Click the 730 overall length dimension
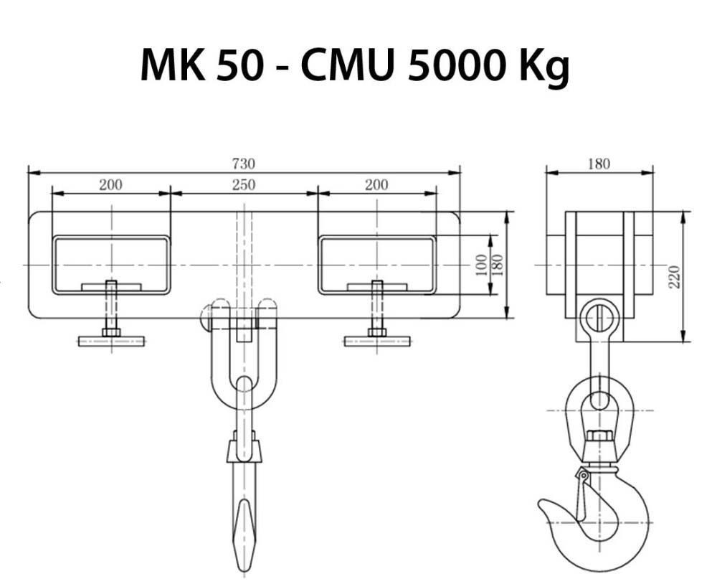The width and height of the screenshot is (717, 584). pos(243,164)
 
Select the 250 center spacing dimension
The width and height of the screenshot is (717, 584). pos(243,185)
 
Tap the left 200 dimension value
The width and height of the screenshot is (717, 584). pos(110,185)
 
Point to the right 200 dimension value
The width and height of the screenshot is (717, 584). pos(376,185)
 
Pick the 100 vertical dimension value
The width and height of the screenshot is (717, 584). pos(482,265)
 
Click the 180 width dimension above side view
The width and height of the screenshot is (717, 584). pos(599,164)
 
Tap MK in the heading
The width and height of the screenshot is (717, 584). pos(173,65)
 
